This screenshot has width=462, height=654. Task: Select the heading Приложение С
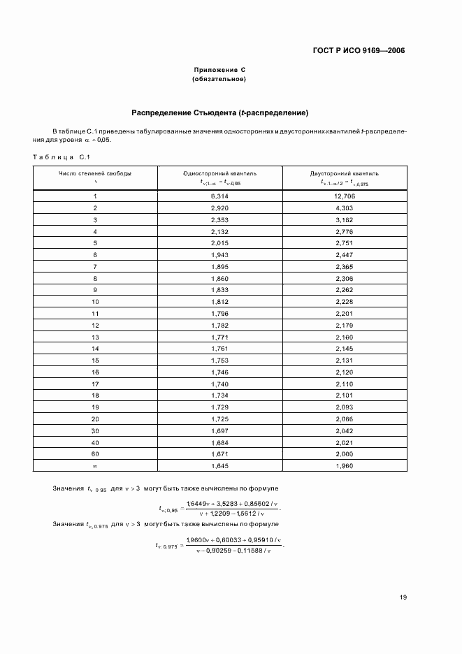[x=219, y=70]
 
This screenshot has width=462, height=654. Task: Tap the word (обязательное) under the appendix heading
[x=219, y=79]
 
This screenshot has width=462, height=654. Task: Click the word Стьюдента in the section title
[x=205, y=112]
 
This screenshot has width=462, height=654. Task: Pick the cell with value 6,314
[x=219, y=196]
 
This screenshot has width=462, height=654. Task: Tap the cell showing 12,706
[x=345, y=196]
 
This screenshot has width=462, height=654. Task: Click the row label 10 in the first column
[x=94, y=301]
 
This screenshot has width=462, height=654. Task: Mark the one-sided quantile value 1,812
[x=219, y=301]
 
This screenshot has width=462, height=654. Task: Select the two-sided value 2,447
[x=345, y=255]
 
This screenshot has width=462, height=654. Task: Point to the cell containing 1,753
[x=219, y=360]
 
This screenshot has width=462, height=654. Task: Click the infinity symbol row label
[x=94, y=465]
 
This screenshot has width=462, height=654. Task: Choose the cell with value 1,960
[x=345, y=465]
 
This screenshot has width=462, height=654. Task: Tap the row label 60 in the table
[x=94, y=453]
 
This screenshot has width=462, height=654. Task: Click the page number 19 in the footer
[x=403, y=597]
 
